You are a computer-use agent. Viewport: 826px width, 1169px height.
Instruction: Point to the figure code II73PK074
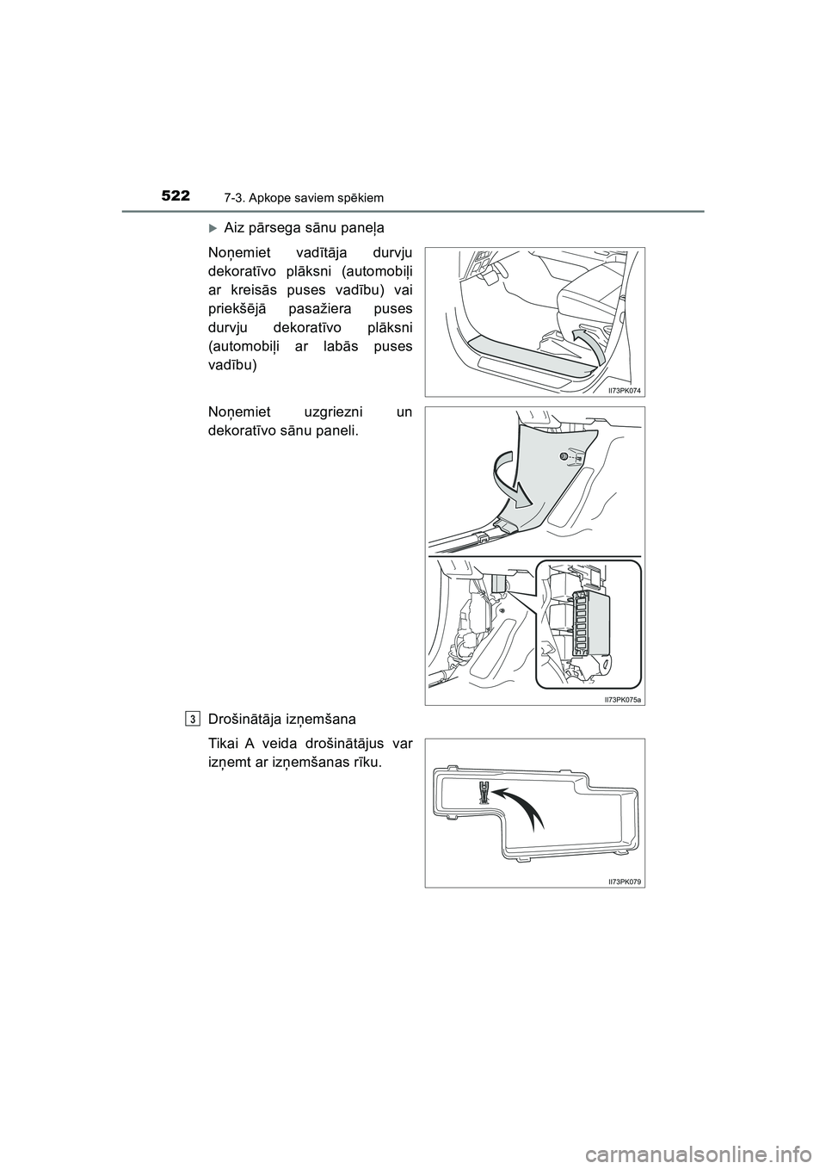[x=625, y=390]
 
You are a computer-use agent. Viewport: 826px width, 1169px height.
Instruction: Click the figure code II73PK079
[x=625, y=881]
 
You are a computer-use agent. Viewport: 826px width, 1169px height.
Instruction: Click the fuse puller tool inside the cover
[x=484, y=792]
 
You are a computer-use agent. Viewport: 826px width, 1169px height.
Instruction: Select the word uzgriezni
[x=331, y=411]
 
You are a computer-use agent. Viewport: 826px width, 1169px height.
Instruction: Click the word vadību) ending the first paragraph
[x=233, y=365]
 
